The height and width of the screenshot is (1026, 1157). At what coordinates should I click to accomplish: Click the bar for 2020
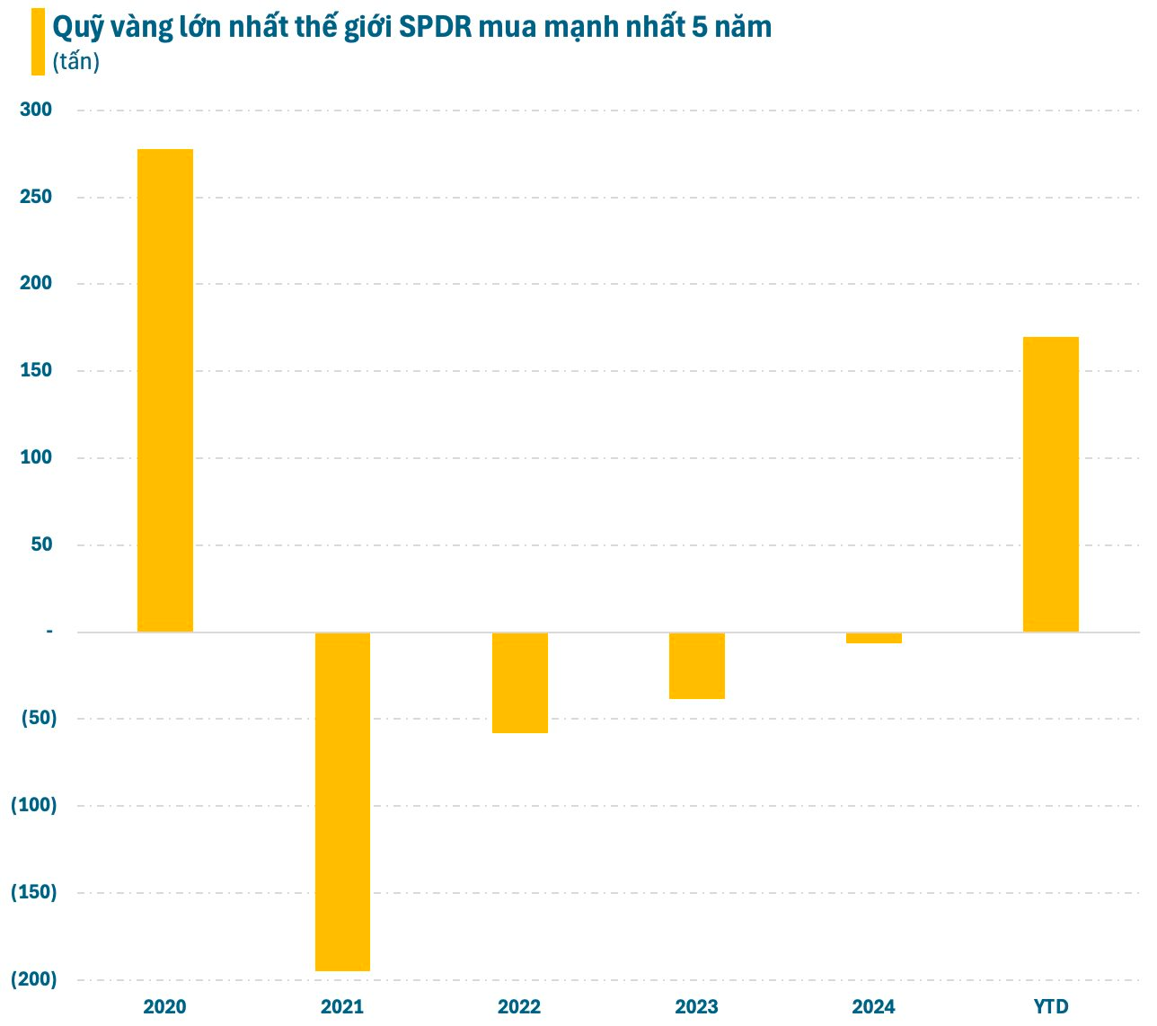point(164,390)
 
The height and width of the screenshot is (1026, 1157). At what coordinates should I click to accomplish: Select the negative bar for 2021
point(342,801)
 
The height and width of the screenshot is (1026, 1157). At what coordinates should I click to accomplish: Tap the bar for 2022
point(519,683)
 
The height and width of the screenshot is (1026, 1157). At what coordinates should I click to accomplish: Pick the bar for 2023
point(697,666)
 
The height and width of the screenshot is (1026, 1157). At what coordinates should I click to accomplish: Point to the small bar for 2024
point(874,638)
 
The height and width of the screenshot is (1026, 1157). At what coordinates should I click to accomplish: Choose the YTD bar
point(1050,484)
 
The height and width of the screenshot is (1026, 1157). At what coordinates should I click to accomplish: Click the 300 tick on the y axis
point(36,110)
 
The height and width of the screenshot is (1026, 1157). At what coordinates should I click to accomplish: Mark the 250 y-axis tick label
point(36,197)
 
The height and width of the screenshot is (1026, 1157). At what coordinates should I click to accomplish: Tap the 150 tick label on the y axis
point(36,370)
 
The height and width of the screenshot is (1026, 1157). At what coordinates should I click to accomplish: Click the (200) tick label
point(33,979)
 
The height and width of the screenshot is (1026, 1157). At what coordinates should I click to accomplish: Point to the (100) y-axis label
point(33,805)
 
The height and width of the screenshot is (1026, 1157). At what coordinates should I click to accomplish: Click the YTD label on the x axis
point(1051,1006)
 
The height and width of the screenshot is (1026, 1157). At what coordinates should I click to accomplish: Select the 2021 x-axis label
point(342,1006)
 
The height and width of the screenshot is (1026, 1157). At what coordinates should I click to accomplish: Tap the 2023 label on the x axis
point(697,1006)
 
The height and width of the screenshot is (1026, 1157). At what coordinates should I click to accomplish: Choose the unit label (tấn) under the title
point(75,62)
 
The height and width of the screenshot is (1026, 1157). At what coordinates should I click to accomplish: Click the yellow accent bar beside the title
point(38,41)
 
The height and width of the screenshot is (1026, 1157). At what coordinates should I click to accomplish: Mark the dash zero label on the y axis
point(49,632)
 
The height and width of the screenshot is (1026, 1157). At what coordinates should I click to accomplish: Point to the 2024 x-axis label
point(874,1006)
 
